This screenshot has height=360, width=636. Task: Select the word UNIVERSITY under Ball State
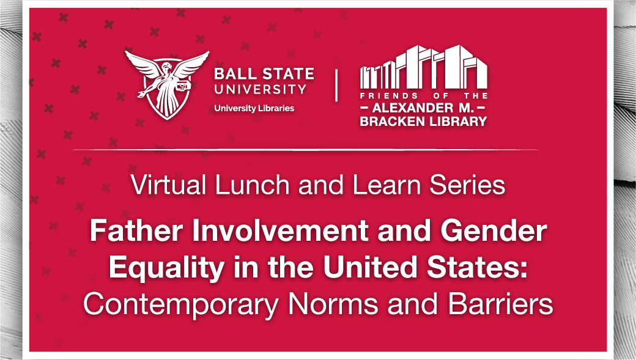pyautogui.click(x=260, y=89)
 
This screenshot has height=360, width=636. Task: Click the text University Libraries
pyautogui.click(x=254, y=108)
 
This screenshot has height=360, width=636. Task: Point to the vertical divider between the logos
pyautogui.click(x=336, y=86)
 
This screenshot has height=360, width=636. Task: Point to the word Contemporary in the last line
pyautogui.click(x=180, y=304)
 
